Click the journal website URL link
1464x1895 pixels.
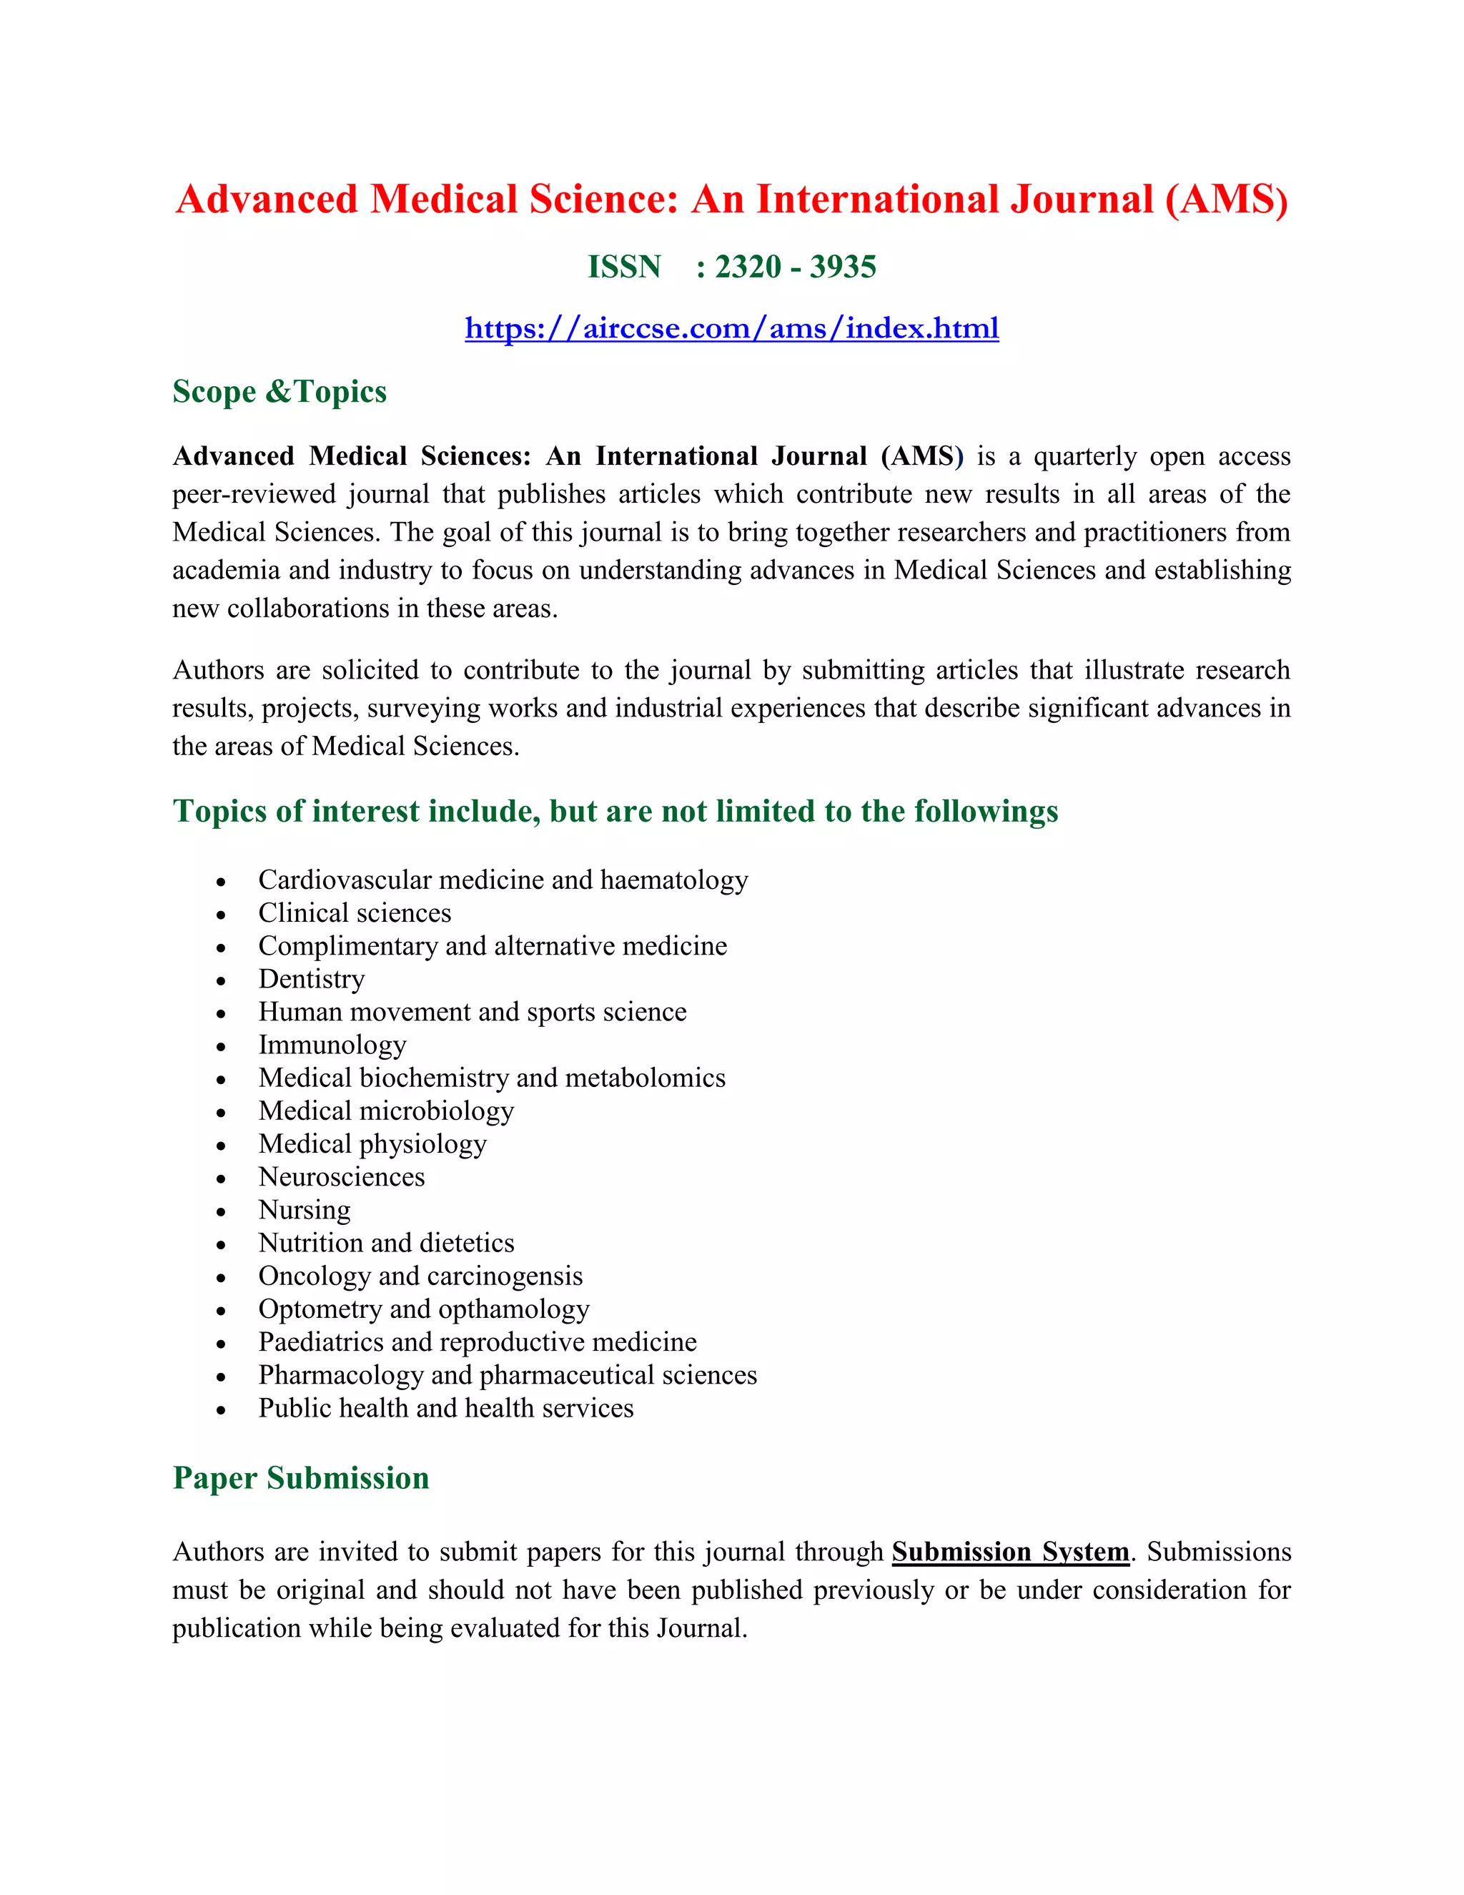point(731,328)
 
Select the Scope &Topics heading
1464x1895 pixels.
point(280,391)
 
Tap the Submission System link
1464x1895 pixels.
point(1010,1552)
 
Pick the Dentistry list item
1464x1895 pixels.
point(312,979)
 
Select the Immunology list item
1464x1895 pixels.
point(332,1045)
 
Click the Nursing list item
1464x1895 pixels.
point(305,1209)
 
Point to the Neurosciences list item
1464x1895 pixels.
point(342,1176)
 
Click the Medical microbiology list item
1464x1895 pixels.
point(386,1111)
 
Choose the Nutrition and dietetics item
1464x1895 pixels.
point(386,1243)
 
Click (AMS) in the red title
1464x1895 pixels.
point(1227,200)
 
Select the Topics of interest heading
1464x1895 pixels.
point(615,812)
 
